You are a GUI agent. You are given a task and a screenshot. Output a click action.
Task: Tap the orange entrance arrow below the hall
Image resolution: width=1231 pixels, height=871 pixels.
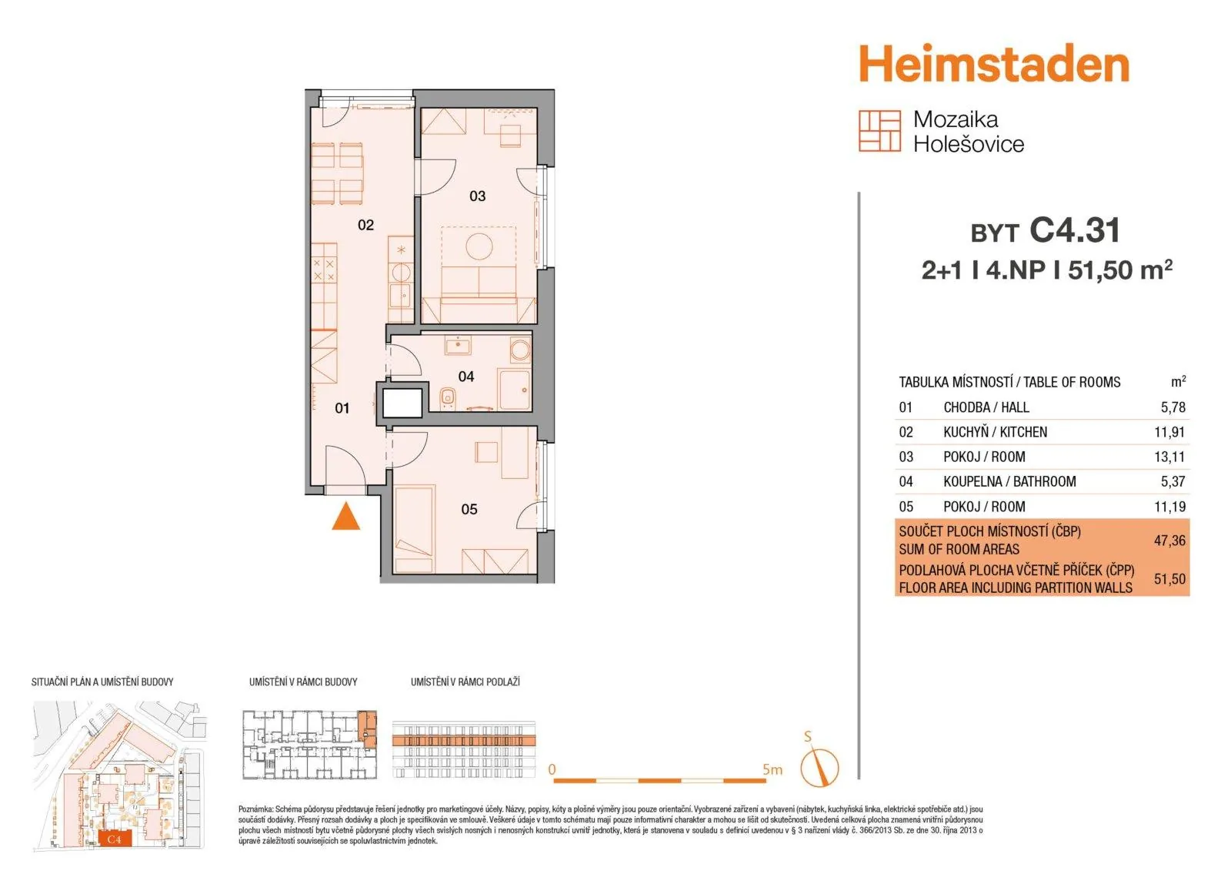[x=345, y=516]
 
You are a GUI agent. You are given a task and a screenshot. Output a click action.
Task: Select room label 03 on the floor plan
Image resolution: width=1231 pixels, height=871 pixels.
[x=477, y=196]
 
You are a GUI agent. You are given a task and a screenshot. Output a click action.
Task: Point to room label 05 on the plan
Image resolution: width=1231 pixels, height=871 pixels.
[x=469, y=510]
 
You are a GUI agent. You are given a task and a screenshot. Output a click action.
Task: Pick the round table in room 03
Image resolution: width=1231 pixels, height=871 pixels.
[x=479, y=246]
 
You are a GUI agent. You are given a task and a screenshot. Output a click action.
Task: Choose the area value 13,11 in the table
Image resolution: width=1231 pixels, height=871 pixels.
[x=1169, y=457]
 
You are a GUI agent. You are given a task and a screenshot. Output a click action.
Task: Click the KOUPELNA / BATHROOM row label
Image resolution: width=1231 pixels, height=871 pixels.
[x=1009, y=481]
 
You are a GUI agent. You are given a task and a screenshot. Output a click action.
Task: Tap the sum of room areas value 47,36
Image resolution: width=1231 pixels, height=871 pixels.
[x=1169, y=541]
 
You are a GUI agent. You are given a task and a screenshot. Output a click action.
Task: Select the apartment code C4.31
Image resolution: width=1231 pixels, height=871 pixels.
[x=1074, y=230]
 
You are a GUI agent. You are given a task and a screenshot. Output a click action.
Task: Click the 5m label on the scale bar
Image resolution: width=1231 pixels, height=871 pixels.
[x=772, y=770]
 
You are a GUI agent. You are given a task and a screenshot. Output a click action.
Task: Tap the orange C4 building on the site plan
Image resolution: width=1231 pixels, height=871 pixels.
[x=115, y=839]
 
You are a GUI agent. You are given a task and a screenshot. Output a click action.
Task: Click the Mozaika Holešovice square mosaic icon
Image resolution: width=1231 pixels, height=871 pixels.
[x=879, y=131]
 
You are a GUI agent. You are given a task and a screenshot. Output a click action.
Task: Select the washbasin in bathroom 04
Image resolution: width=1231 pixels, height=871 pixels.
[x=457, y=346]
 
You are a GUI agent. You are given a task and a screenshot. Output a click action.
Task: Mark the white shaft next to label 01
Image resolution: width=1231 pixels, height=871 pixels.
[x=402, y=403]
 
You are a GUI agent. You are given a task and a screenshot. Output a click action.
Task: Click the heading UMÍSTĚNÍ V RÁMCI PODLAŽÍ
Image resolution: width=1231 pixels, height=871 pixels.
[x=465, y=682]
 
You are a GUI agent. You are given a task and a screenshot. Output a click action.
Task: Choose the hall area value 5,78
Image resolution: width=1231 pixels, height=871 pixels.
[x=1173, y=407]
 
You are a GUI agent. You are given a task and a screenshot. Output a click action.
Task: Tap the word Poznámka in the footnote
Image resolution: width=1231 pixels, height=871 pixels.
[x=255, y=809]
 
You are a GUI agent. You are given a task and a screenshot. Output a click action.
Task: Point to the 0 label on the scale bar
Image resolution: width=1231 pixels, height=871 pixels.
[x=552, y=769]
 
